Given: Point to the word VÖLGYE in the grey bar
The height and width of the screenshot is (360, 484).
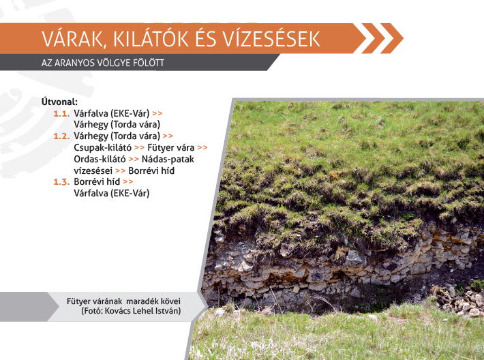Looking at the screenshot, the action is click(x=114, y=63).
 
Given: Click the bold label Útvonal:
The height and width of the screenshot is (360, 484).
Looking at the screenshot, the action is click(x=59, y=102).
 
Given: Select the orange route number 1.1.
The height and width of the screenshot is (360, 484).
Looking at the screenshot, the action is click(x=62, y=114).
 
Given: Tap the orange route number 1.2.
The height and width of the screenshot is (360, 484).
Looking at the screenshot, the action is click(x=62, y=136).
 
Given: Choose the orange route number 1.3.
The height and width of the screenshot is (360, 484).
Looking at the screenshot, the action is click(x=62, y=182).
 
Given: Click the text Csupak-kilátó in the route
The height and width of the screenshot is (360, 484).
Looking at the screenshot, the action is click(x=102, y=147).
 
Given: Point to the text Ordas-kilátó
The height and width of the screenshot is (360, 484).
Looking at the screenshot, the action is click(x=100, y=160).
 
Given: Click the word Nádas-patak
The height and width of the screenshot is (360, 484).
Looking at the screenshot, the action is click(x=168, y=160).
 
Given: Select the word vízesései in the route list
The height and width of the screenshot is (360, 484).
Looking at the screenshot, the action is click(x=93, y=170).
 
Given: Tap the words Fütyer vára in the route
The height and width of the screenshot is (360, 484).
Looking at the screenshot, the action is click(x=170, y=147).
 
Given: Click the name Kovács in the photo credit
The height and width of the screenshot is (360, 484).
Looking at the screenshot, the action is click(x=118, y=311).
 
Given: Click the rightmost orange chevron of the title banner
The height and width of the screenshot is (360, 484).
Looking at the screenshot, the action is click(x=392, y=38).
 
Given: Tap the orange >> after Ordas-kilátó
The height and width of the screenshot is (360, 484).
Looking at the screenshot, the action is click(x=134, y=160).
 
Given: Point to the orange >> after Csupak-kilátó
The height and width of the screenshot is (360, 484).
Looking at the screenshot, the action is click(x=139, y=148).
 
